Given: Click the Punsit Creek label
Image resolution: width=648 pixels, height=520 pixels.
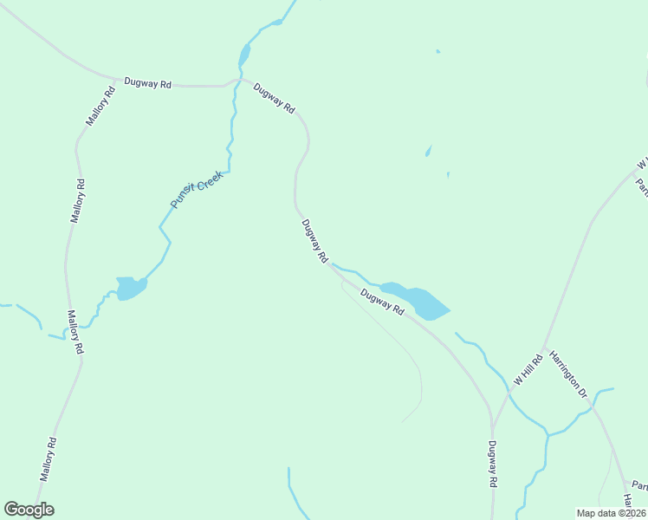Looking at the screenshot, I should [198, 189].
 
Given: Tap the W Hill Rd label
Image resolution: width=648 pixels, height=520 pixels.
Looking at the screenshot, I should [527, 368].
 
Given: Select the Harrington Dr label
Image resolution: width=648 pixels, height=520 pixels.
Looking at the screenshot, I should [568, 374].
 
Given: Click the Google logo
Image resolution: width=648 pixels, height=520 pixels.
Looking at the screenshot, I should [29, 509].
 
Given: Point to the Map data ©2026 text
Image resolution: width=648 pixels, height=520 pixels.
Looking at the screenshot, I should [612, 513].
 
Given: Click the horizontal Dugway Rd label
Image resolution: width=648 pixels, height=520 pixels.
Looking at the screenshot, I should [147, 83].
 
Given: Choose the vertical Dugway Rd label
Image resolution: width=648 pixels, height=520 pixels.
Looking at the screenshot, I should [492, 464].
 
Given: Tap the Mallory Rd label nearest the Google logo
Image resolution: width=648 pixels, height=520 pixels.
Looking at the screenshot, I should [49, 459].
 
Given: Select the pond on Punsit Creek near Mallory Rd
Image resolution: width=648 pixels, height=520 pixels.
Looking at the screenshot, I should [131, 287].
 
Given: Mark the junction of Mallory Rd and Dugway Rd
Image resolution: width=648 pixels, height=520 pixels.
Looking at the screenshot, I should [114, 78].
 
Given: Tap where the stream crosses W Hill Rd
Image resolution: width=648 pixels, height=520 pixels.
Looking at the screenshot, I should [509, 393].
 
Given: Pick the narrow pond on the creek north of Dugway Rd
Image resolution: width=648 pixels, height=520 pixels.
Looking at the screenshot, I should [245, 54].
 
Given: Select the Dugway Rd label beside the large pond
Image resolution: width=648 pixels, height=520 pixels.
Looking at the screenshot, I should [382, 302].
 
